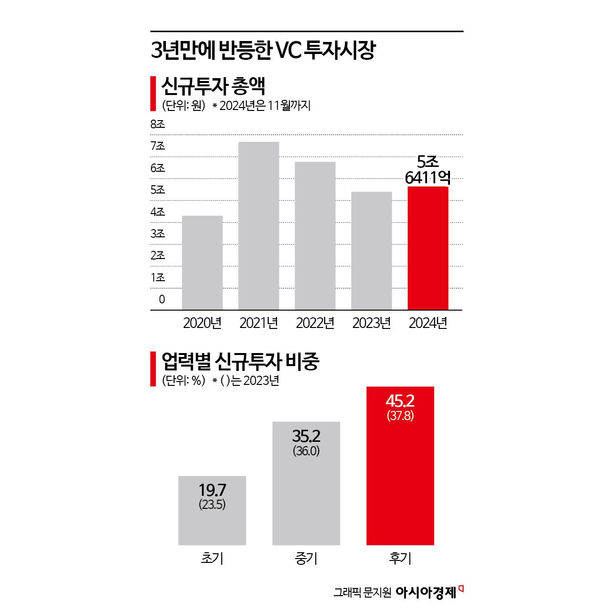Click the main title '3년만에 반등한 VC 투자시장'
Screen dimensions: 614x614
click(x=263, y=50)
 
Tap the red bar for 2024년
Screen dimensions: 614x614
click(x=428, y=248)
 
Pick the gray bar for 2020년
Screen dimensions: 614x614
click(x=202, y=262)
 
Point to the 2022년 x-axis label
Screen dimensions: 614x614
click(x=315, y=323)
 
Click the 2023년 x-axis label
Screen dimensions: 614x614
click(x=371, y=323)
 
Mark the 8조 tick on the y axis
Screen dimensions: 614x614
click(x=158, y=124)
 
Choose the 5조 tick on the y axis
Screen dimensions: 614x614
click(x=158, y=190)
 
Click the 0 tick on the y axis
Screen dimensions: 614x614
click(x=162, y=299)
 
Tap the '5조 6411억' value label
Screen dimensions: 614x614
click(x=427, y=170)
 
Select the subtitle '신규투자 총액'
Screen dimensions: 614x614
click(x=213, y=86)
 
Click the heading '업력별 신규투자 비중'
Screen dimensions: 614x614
click(x=240, y=361)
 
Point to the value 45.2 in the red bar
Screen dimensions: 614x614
click(x=400, y=401)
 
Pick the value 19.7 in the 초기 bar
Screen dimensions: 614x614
click(x=212, y=490)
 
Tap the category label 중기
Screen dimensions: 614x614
click(x=306, y=558)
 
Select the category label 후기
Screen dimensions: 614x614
click(x=400, y=558)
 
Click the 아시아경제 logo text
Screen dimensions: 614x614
click(x=426, y=592)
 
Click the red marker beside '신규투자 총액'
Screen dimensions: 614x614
click(x=153, y=93)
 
